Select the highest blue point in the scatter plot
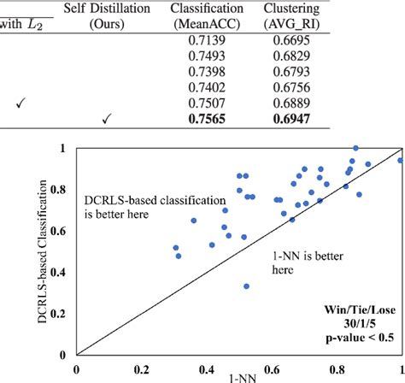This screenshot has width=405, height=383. click(x=355, y=149)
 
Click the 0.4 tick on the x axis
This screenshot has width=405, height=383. click(x=207, y=370)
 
